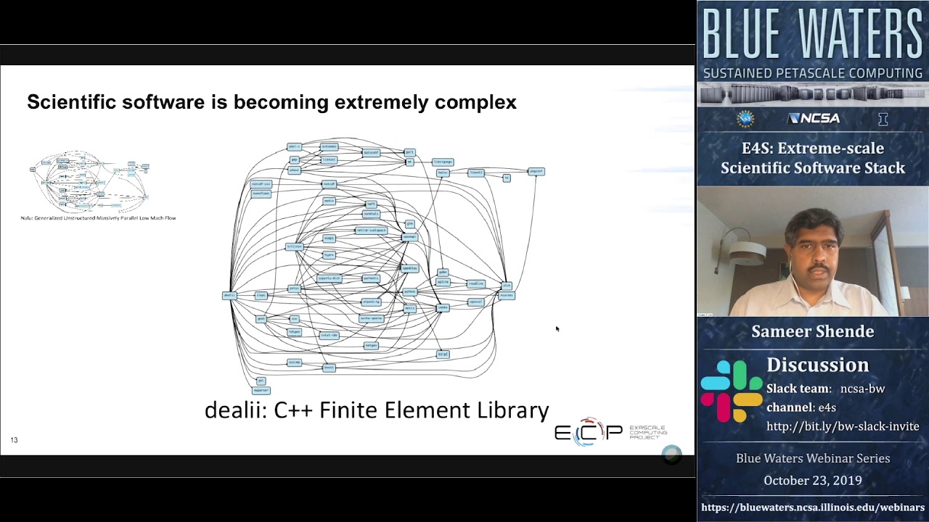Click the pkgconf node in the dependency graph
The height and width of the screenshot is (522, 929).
(536, 172)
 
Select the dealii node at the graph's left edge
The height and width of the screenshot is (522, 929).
(229, 296)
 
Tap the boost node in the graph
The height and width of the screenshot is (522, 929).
(329, 368)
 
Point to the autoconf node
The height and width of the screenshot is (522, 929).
(371, 153)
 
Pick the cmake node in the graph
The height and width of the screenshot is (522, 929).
(443, 308)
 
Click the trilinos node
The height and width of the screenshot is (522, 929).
(294, 246)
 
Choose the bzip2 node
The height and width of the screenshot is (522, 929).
(443, 355)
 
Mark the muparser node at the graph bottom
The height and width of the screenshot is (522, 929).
(261, 390)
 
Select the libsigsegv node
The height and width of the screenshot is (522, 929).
(443, 162)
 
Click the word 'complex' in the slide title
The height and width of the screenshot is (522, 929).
(475, 102)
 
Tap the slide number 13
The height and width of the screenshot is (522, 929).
(14, 440)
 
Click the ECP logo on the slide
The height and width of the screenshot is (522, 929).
(588, 432)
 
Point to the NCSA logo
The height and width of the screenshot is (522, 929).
(813, 119)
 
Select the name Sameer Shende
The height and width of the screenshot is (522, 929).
(812, 331)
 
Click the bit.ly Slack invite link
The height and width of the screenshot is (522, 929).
(843, 426)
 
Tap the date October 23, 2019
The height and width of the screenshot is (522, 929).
(812, 481)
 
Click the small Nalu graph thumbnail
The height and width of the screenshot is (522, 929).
(91, 181)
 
